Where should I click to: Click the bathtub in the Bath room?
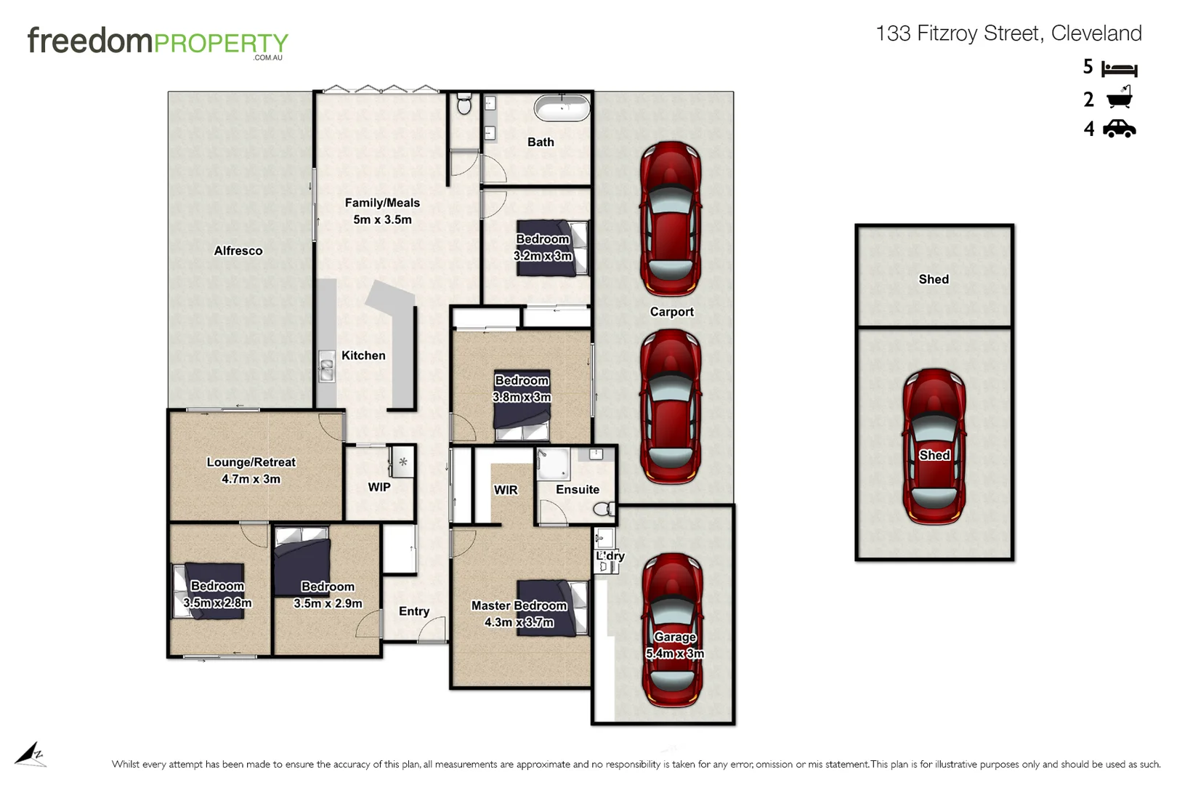tap(562, 109)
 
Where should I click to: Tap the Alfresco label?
tap(238, 251)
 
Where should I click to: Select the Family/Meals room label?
tap(382, 211)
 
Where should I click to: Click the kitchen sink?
tap(326, 366)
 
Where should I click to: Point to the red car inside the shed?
tap(934, 446)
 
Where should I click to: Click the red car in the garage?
tap(673, 629)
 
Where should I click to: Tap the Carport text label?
tap(671, 312)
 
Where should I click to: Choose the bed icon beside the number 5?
tap(1119, 69)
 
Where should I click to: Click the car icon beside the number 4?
tap(1119, 129)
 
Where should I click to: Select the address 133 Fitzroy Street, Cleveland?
tap(1008, 33)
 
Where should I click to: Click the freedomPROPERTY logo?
tap(158, 42)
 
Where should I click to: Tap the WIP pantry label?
tap(379, 487)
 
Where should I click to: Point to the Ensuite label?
tap(578, 490)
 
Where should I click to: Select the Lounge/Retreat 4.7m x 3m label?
tap(251, 470)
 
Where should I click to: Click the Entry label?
tap(413, 611)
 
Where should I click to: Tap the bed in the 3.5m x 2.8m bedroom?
tap(209, 591)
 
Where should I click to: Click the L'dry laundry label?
tap(610, 556)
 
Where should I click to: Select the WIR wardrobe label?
tap(506, 490)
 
